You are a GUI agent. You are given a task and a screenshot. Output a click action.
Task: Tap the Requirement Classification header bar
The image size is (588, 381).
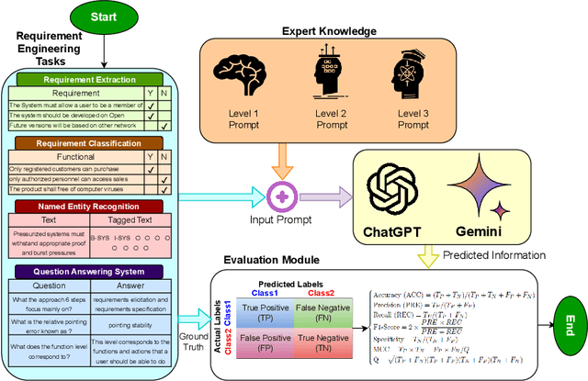pos(87,143)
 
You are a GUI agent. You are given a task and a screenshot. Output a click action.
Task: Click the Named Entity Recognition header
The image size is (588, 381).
pos(87,206)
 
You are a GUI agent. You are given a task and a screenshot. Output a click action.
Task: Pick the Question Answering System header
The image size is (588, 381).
pos(87,272)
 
